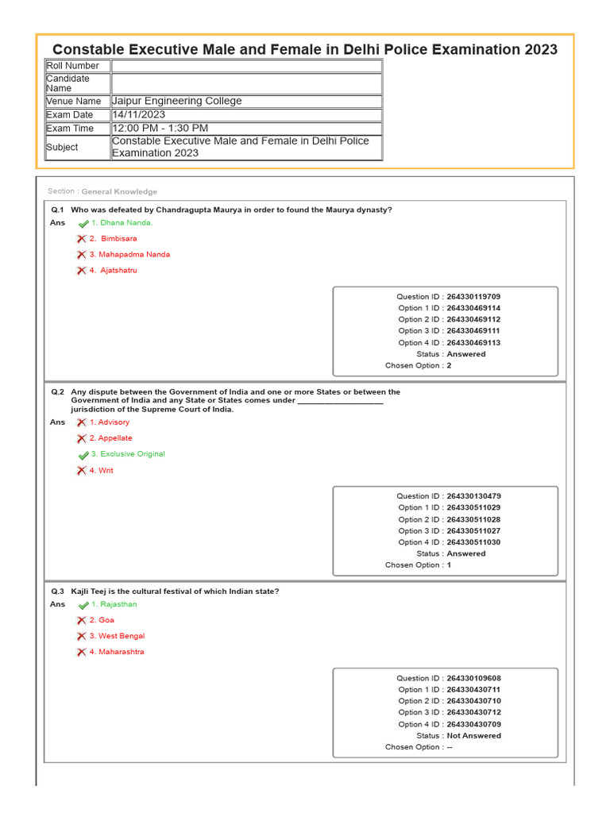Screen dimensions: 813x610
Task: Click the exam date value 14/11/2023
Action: (139, 114)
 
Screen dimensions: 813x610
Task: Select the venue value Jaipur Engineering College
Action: (177, 101)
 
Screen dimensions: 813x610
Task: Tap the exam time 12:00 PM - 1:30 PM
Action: (160, 128)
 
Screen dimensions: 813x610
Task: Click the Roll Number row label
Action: (73, 66)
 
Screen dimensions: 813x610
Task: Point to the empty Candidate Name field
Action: (246, 83)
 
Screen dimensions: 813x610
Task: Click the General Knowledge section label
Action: (119, 191)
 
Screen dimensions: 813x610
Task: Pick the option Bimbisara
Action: (118, 239)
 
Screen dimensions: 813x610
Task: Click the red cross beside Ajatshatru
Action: (81, 271)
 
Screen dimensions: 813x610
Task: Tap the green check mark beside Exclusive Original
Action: (83, 455)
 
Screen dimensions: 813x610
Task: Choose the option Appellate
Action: (115, 438)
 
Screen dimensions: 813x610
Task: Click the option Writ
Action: (106, 471)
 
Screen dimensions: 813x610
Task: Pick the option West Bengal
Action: (122, 636)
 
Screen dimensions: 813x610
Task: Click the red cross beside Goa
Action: (81, 620)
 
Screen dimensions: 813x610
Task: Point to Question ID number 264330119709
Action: (473, 296)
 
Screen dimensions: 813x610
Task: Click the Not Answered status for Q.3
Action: (473, 736)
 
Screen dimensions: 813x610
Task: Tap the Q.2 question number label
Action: (57, 392)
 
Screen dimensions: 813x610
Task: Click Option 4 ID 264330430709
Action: (473, 724)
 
